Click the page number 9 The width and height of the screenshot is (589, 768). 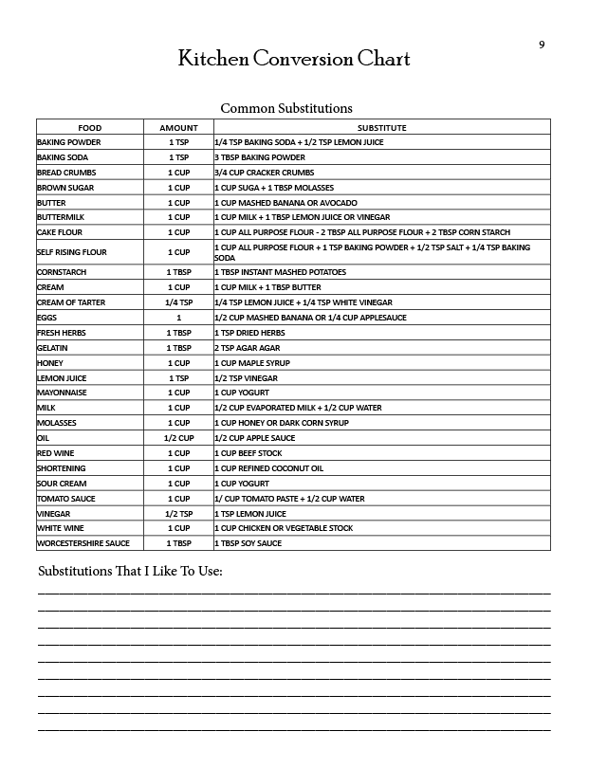tap(542, 45)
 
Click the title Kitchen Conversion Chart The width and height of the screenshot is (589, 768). tap(294, 59)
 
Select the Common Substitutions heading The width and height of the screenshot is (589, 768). tap(286, 108)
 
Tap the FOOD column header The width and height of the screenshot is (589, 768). tap(90, 127)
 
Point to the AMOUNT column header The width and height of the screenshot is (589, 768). tap(178, 127)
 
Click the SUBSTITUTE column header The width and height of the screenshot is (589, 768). tap(381, 127)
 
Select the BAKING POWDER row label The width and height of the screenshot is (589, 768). tap(69, 142)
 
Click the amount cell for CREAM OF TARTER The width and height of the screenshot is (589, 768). tap(178, 302)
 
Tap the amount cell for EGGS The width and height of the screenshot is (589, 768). tap(178, 317)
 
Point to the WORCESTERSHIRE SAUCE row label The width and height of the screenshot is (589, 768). tap(83, 543)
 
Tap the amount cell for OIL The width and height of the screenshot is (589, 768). tap(178, 438)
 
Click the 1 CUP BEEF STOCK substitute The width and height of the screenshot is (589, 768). tap(248, 453)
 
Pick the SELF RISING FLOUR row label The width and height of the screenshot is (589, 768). tap(72, 252)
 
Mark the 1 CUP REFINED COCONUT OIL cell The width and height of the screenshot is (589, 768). tap(268, 468)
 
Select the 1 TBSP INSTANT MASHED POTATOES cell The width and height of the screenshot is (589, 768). tap(280, 272)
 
